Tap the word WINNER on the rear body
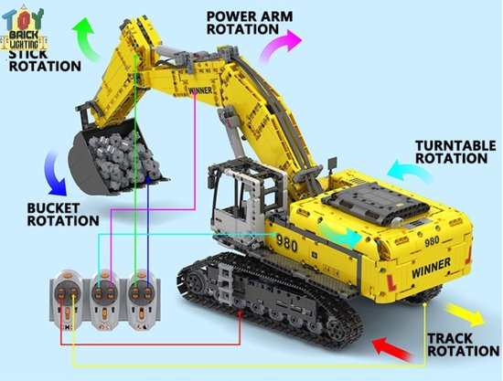pyautogui.click(x=430, y=271)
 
